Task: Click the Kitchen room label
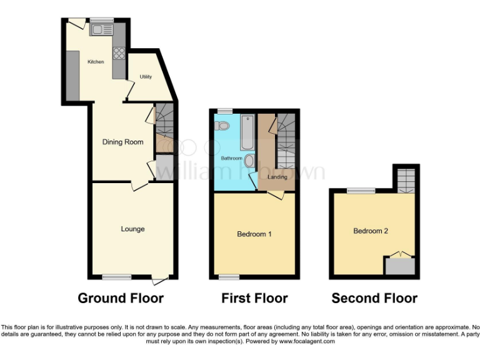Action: click(96, 62)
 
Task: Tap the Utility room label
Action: click(146, 77)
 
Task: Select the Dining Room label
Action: click(123, 142)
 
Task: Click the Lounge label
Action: click(132, 229)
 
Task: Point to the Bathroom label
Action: click(231, 158)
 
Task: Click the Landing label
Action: click(277, 177)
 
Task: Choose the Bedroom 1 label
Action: click(254, 234)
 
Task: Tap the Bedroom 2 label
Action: click(371, 231)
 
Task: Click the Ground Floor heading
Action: click(121, 298)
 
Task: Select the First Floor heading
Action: click(254, 298)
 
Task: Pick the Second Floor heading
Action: click(374, 298)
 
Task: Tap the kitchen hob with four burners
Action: click(119, 54)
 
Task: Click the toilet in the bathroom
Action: click(222, 126)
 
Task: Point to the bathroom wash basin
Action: click(249, 161)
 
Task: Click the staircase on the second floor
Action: click(404, 179)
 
